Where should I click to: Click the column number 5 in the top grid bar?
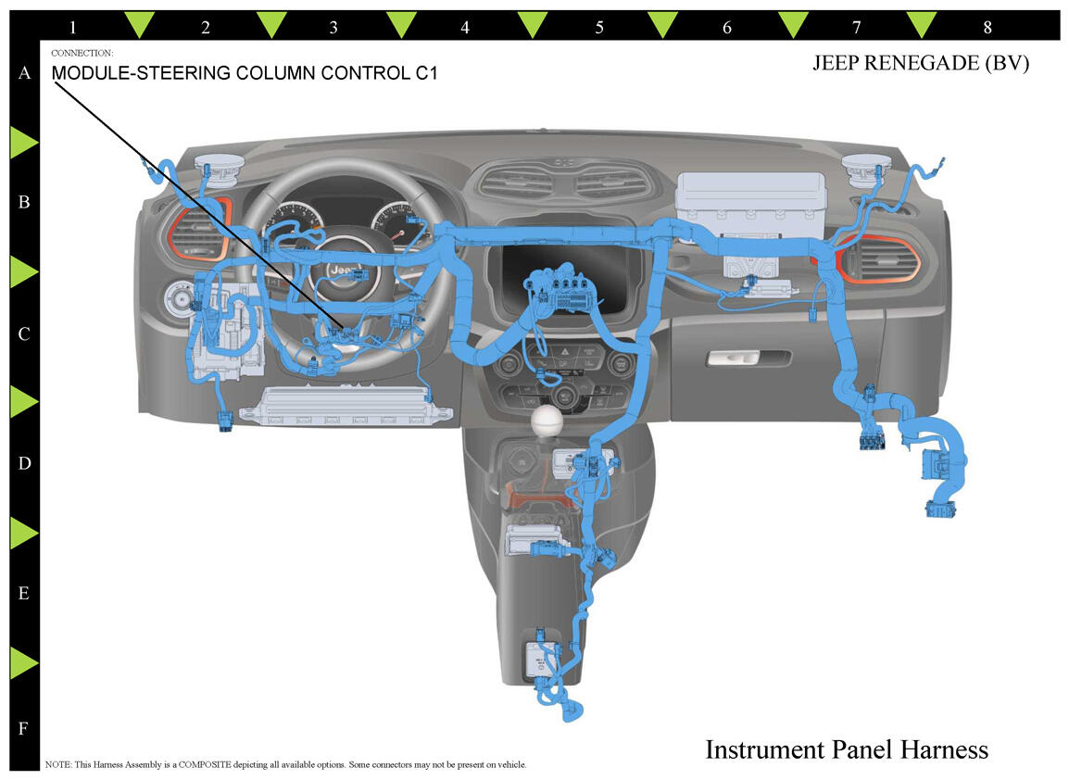pyautogui.click(x=599, y=28)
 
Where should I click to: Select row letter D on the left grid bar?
pyautogui.click(x=24, y=463)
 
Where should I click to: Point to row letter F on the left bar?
pyautogui.click(x=24, y=728)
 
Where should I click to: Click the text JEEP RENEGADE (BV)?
pyautogui.click(x=921, y=64)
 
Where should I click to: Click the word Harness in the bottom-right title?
pyautogui.click(x=942, y=749)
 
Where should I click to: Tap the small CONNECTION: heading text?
pyautogui.click(x=82, y=54)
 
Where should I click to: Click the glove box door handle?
pyautogui.click(x=748, y=358)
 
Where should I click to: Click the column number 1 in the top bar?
pyautogui.click(x=73, y=28)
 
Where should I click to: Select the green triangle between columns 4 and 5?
pyautogui.click(x=533, y=24)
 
